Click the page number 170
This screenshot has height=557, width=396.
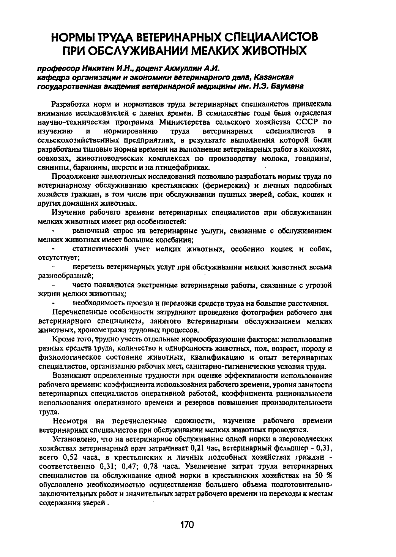click(x=187, y=525)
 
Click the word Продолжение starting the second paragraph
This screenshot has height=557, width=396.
click(x=76, y=177)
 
